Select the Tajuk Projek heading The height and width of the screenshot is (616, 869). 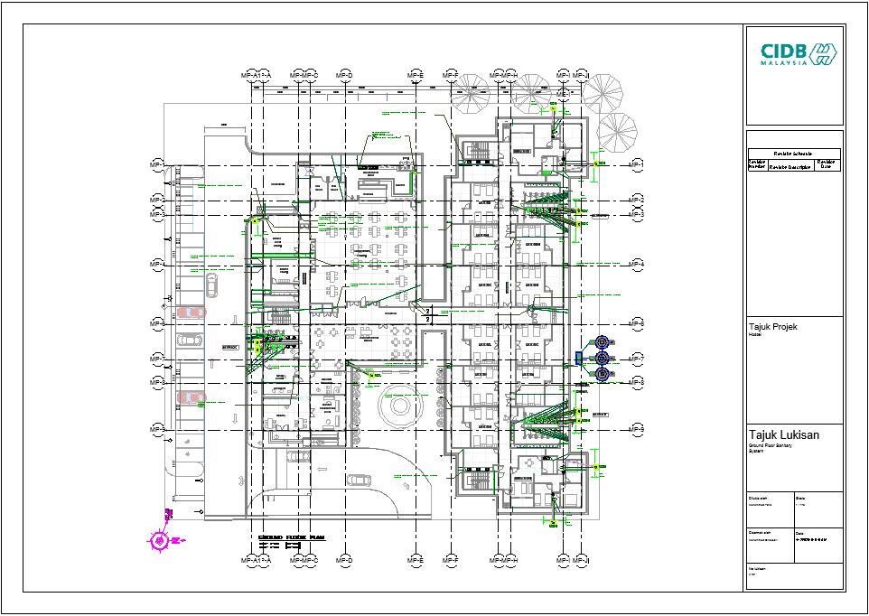772,326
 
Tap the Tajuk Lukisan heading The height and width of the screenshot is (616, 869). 784,435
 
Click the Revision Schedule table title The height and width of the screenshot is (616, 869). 792,154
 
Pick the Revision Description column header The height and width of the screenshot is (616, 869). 790,166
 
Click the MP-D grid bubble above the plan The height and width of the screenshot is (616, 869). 343,75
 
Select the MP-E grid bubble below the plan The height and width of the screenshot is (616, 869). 416,561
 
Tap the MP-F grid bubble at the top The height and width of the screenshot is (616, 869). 450,75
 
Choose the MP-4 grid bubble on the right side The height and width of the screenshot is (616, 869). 637,264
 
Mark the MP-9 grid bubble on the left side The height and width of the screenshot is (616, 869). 158,428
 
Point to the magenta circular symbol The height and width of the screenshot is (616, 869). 159,540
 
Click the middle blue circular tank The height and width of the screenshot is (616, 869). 602,359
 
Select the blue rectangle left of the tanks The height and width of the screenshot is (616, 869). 580,359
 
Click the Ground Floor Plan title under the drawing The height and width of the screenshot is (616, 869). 291,537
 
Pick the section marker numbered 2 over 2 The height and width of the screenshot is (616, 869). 430,313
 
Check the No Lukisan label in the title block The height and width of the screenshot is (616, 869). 757,568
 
